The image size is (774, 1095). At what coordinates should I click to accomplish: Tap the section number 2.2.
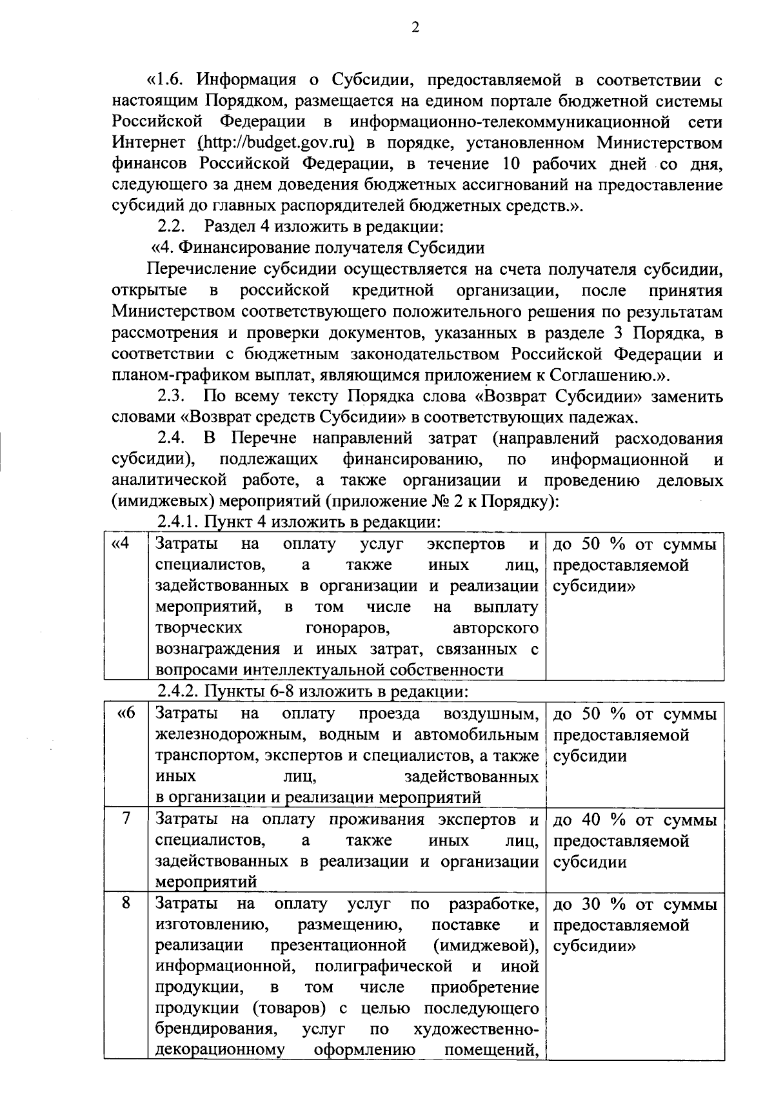click(172, 227)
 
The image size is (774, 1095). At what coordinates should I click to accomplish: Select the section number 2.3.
click(172, 396)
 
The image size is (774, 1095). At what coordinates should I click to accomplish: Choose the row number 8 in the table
click(126, 903)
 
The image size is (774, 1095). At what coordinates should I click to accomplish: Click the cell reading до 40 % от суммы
click(635, 820)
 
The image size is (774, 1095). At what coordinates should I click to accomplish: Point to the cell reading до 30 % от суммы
click(635, 905)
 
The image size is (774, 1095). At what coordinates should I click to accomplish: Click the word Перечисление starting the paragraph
click(200, 269)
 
